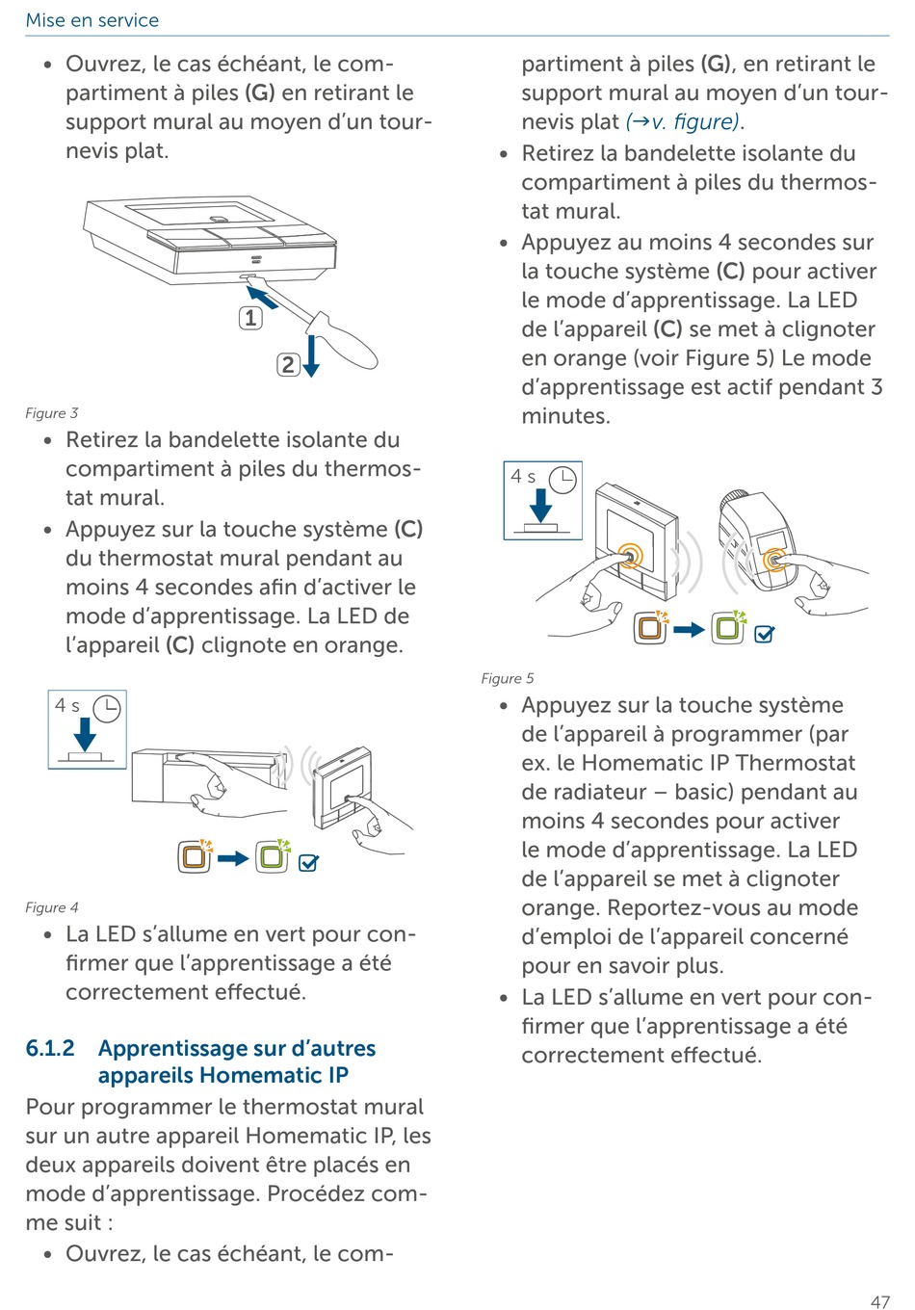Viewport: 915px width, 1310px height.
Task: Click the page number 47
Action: point(879,1301)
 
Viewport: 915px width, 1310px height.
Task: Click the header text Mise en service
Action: point(92,20)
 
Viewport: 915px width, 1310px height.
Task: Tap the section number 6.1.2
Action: point(50,1048)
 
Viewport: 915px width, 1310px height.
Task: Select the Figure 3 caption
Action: point(52,413)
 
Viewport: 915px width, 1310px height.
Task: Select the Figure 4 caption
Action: point(52,907)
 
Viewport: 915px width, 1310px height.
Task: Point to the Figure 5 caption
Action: point(508,678)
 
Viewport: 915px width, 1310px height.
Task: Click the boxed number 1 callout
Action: point(250,318)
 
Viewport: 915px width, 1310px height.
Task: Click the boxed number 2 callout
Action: point(288,364)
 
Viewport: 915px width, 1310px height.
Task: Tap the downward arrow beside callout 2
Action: point(311,356)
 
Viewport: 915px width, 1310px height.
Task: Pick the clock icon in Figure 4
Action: point(106,709)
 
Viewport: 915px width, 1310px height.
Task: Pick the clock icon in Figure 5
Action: point(562,480)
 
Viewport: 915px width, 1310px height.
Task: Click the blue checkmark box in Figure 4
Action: point(308,863)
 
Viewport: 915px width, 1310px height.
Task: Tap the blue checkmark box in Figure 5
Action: point(764,634)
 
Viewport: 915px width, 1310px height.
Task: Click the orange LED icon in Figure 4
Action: point(195,855)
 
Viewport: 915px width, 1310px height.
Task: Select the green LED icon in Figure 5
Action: point(728,627)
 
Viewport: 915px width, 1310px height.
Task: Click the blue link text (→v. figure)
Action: point(683,122)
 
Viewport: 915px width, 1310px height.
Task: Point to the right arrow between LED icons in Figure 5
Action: point(689,630)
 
